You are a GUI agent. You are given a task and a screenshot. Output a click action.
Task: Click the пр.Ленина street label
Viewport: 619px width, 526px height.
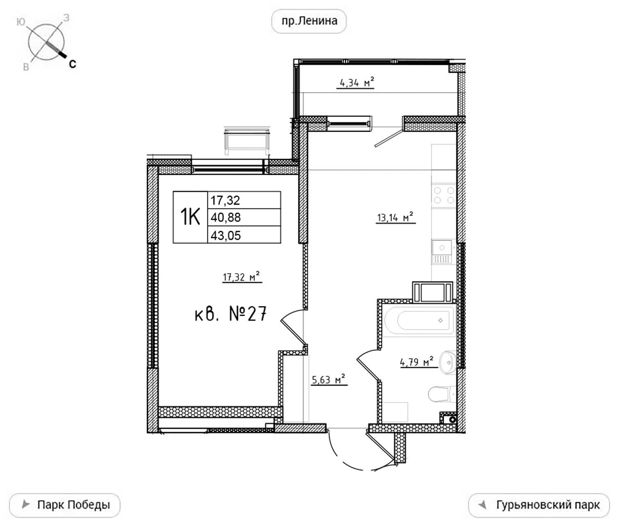(x=309, y=21)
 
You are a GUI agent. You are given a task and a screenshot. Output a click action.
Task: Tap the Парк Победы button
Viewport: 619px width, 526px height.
(x=65, y=505)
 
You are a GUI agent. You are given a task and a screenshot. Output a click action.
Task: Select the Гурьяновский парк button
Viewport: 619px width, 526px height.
(x=539, y=505)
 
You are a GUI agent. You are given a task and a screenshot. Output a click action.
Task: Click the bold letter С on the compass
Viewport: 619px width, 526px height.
(x=73, y=64)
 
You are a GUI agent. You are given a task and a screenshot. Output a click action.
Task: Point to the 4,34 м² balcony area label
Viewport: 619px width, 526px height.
(x=355, y=82)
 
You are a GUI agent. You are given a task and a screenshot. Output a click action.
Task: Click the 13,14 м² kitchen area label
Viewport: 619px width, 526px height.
(x=395, y=217)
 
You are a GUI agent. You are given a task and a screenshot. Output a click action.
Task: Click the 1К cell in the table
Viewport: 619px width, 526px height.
(x=190, y=217)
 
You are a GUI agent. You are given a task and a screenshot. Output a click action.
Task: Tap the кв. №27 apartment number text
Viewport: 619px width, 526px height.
(x=230, y=314)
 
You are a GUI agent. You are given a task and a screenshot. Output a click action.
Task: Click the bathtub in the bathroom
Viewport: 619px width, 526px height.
(x=420, y=320)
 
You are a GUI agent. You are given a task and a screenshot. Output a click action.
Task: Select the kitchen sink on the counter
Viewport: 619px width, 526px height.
(x=442, y=252)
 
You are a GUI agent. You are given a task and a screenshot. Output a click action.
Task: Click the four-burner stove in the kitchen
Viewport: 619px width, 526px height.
(x=444, y=195)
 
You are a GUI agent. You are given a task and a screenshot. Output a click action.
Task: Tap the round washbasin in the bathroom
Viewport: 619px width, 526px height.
(x=448, y=362)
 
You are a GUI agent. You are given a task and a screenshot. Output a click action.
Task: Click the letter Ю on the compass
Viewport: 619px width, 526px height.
(x=20, y=22)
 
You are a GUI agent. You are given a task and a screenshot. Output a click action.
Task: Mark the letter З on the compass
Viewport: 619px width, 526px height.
(x=66, y=18)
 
